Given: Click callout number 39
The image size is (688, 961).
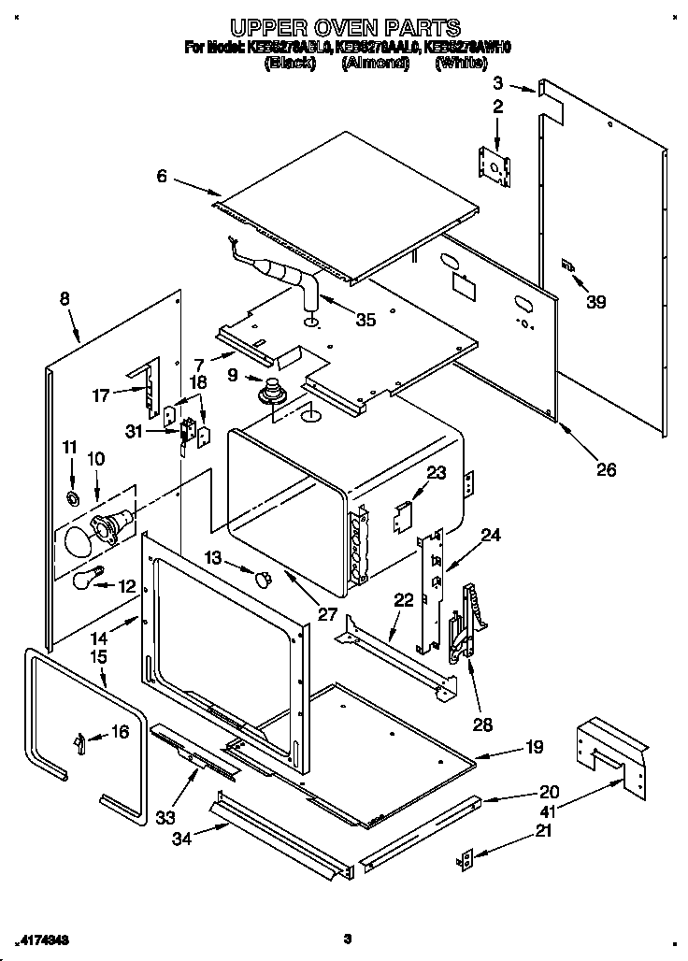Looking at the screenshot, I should (595, 301).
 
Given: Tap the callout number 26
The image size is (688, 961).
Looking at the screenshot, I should (606, 469).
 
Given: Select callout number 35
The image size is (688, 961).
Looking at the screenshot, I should (365, 320).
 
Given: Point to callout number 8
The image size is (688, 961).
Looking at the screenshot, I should (64, 299).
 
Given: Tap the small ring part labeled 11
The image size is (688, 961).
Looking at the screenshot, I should (73, 494).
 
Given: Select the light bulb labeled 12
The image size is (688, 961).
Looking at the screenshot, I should (85, 579).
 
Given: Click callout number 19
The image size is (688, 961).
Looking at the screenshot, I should (533, 747).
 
